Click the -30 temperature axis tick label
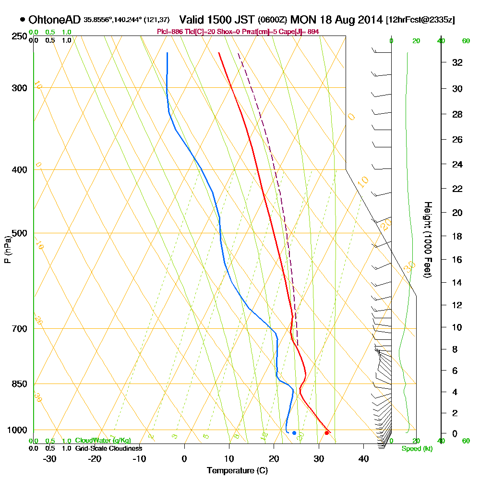tap(50, 458)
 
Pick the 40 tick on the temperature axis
tap(363, 458)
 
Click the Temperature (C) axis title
tap(238, 471)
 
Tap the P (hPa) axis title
tap(7, 250)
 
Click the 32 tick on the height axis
tap(458, 62)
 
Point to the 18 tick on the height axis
tap(458, 236)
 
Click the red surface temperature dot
tap(327, 433)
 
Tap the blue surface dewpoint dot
tap(294, 433)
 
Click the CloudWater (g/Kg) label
tap(103, 441)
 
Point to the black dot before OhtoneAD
tap(23, 20)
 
